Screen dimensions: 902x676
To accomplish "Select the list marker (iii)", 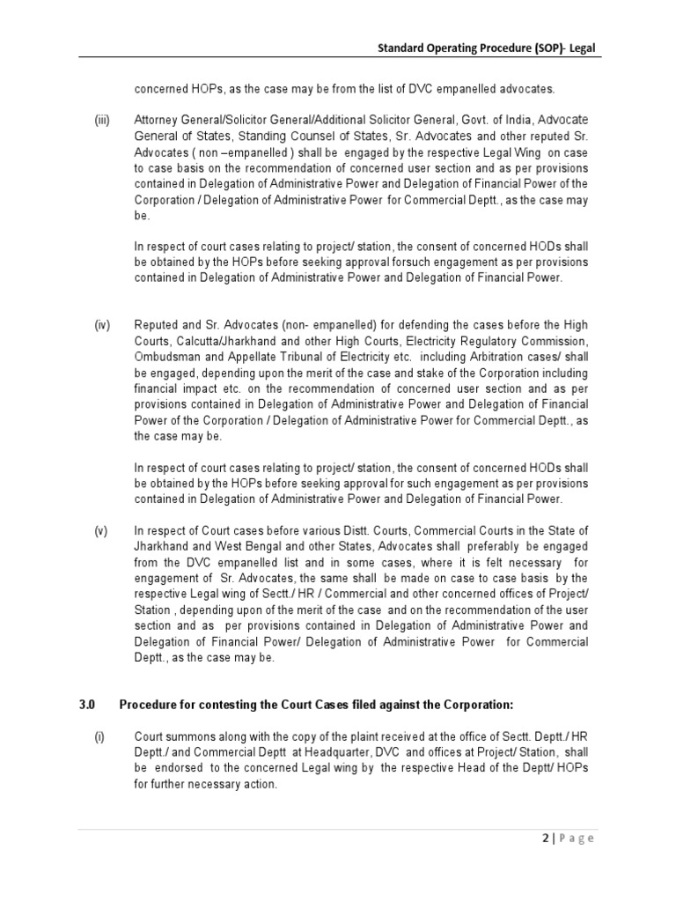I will [x=103, y=119].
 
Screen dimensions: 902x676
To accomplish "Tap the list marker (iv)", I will [x=103, y=326].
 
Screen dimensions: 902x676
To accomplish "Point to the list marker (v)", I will [x=102, y=530].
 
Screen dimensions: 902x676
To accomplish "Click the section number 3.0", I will [x=86, y=705].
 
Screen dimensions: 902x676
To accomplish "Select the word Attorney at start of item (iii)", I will [x=156, y=119].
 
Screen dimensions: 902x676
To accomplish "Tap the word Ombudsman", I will [x=168, y=356].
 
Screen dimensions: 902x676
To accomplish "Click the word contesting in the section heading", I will [x=215, y=705].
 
